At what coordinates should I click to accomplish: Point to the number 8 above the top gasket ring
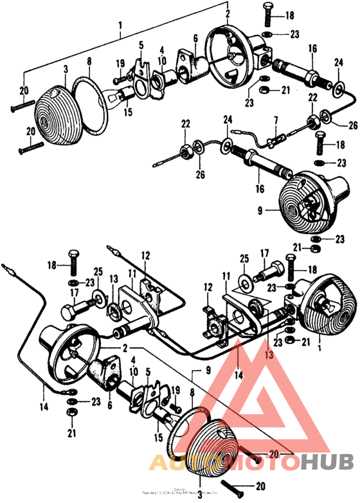point(89,62)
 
